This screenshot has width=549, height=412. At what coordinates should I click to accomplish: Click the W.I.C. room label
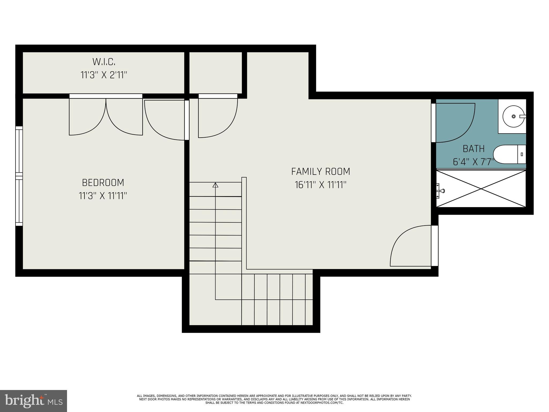point(104,62)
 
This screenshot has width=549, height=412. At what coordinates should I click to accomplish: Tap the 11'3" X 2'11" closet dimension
point(104,75)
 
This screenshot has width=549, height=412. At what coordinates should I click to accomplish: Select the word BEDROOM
point(103,183)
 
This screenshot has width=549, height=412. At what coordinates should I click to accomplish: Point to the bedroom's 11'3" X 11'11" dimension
point(103,196)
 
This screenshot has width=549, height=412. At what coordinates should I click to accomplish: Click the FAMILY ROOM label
point(321,171)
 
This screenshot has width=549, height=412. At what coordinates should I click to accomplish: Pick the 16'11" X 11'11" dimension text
point(321,185)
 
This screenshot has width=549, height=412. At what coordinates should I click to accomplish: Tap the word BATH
point(474,149)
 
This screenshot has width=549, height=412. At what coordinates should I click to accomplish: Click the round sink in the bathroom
point(513,116)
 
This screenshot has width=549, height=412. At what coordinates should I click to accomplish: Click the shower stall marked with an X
point(481,189)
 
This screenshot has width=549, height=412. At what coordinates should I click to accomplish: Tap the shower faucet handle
point(441,191)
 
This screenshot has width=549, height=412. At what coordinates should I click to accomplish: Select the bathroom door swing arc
point(456,123)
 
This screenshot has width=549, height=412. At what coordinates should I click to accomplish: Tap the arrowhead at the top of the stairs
point(215,185)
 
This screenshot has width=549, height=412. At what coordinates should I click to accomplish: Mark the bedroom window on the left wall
point(19,176)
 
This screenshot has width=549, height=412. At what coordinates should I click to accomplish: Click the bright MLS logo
point(33,401)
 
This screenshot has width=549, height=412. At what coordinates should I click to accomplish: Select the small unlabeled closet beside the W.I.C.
point(216,72)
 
